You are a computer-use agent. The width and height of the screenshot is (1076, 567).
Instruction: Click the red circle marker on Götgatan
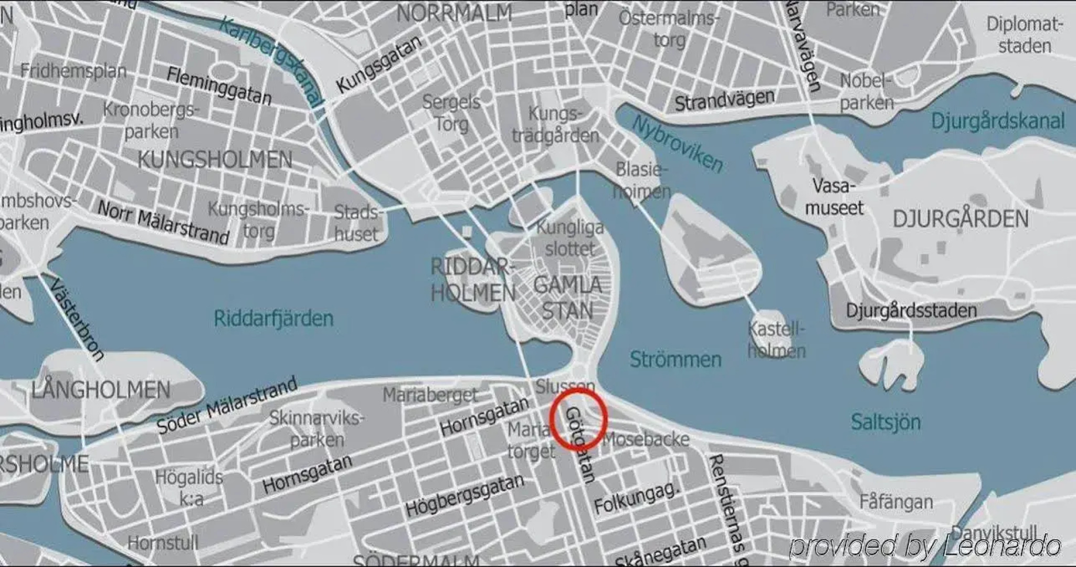coord(578,418)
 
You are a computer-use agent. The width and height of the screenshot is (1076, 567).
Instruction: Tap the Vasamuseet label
coord(834,197)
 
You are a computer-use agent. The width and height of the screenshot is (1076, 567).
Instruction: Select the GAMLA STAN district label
coord(567,298)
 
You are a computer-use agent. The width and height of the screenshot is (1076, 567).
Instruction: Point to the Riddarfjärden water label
coord(273,318)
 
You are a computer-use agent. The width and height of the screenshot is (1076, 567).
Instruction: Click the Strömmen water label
coord(676,360)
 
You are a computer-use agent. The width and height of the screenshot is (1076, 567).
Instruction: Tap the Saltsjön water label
coord(885,422)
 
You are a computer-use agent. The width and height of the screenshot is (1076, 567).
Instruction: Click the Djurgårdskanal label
coord(997,121)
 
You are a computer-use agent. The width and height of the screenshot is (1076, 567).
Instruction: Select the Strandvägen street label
coord(724,100)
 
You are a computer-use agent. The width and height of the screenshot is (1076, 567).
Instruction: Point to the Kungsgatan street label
coord(378,64)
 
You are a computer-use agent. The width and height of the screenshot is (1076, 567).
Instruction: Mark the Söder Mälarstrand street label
coord(227,405)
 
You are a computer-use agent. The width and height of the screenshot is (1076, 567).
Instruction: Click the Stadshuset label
coord(356,223)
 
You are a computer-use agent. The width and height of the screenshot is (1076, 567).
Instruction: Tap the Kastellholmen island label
coord(776,340)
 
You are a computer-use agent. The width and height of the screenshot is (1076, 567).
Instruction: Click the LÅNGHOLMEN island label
coord(101,390)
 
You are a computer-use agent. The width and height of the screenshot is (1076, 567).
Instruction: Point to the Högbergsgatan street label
coord(465,495)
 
